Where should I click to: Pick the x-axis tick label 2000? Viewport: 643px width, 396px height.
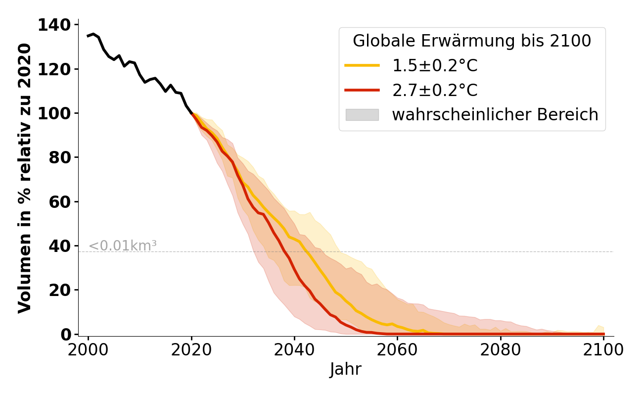[88, 349]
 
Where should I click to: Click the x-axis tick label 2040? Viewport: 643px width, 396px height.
[294, 349]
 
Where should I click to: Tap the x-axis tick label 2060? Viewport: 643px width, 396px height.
[397, 349]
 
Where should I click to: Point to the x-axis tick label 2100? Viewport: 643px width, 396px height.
[603, 349]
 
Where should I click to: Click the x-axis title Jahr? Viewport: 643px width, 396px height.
[346, 369]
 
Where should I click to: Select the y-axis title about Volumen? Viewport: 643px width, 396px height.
[25, 178]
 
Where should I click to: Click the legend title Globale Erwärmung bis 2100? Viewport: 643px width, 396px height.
[472, 41]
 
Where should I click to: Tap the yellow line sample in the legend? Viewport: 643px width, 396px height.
[362, 66]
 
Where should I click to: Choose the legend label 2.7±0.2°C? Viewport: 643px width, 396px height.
[435, 91]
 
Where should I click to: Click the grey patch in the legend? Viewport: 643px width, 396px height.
[362, 115]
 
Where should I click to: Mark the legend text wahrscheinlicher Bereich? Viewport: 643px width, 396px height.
[495, 115]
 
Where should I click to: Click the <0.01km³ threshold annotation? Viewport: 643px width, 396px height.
[123, 246]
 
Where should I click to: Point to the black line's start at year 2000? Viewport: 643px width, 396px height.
[89, 36]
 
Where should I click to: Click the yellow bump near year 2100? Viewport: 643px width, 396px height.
[599, 327]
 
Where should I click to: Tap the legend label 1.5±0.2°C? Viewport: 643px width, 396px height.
[435, 66]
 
